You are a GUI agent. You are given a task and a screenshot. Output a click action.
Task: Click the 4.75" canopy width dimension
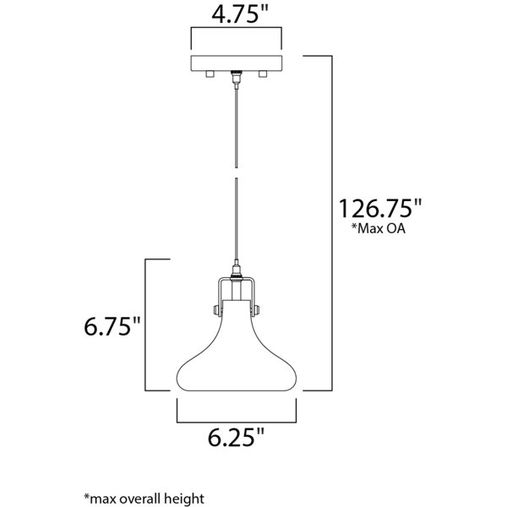coord(240,14)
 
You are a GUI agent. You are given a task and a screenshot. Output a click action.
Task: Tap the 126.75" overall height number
coord(380,209)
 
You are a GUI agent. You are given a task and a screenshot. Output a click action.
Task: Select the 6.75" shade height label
coord(112,326)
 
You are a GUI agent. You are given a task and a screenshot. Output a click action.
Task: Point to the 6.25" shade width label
coord(236,438)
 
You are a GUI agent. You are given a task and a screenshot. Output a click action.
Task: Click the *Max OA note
coord(379,228)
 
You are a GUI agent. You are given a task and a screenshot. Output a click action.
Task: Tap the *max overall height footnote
coord(144,498)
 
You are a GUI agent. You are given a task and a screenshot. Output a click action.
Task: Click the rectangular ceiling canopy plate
coord(237,63)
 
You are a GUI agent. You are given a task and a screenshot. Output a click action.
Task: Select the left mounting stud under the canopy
coord(210,74)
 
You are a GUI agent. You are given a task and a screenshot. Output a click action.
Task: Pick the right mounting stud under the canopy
coord(263,74)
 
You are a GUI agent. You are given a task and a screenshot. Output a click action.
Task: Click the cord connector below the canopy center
coord(237,79)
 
